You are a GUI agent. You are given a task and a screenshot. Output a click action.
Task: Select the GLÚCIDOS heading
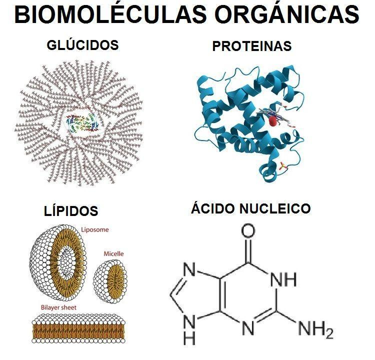(x=82, y=44)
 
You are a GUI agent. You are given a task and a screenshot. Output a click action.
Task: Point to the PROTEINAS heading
(x=252, y=46)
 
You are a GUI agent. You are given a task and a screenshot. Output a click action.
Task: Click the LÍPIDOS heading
(x=71, y=210)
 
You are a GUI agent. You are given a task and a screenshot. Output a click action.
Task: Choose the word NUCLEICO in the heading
(x=275, y=208)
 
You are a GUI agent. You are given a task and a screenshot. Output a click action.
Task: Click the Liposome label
(x=95, y=229)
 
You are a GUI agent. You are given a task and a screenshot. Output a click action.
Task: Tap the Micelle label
(x=113, y=253)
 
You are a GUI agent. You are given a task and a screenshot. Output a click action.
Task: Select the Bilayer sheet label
(x=58, y=307)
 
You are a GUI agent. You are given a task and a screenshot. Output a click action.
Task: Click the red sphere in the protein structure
(x=273, y=121)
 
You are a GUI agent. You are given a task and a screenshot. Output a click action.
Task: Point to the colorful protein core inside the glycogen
(x=82, y=123)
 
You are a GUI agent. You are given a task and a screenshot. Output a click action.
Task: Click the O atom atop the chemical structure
(x=248, y=230)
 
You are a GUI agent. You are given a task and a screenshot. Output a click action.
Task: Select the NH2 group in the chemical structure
(x=316, y=329)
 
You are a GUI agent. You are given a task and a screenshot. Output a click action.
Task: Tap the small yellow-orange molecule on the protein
(x=283, y=166)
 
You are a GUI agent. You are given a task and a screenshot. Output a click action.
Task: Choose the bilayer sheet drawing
(x=78, y=329)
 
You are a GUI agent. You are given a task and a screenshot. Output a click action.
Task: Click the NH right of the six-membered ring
(x=283, y=279)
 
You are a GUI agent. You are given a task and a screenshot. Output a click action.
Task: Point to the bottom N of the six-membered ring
(x=248, y=328)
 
